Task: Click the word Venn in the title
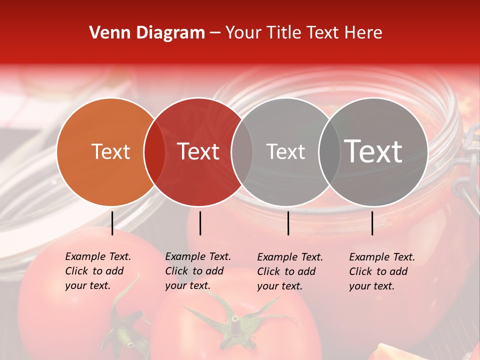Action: (106, 33)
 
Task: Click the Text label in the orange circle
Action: (110, 152)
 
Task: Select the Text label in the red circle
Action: (198, 152)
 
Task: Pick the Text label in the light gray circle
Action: (285, 152)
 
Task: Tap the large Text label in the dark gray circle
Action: (373, 151)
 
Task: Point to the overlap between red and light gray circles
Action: (241, 152)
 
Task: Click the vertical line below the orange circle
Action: (112, 223)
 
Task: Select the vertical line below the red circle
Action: (200, 223)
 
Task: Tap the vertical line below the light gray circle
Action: (288, 223)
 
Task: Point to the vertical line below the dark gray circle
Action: (372, 223)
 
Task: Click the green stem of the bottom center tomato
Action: (235, 320)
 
